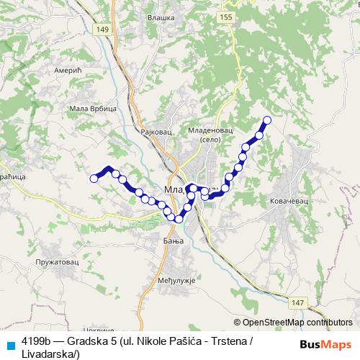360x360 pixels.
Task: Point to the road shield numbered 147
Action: (x=300, y=285)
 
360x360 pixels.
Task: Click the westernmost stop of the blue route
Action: (x=94, y=178)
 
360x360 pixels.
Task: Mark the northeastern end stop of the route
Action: (x=267, y=120)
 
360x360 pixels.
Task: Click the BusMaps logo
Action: (x=324, y=344)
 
